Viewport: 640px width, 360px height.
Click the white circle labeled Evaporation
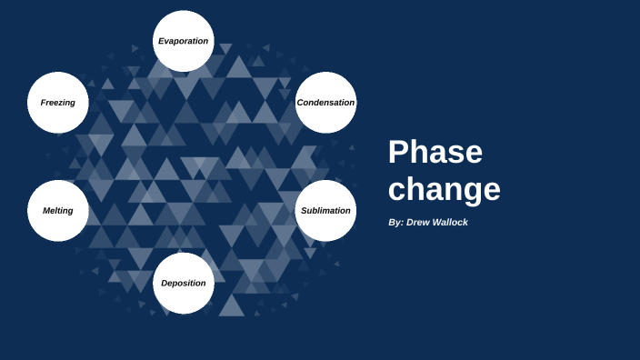click(x=184, y=41)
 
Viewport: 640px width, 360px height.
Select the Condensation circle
click(x=325, y=102)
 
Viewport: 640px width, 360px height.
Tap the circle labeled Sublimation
click(x=325, y=210)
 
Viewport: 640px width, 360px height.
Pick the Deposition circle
click(x=184, y=283)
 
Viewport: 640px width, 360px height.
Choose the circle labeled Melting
click(x=58, y=210)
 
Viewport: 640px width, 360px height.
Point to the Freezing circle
click(x=58, y=102)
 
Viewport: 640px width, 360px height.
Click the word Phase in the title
click(x=435, y=152)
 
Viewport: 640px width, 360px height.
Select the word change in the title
click(x=444, y=189)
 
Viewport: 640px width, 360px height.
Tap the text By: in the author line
click(x=395, y=223)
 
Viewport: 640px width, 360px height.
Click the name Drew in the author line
click(x=419, y=223)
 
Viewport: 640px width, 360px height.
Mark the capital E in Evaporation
click(x=161, y=41)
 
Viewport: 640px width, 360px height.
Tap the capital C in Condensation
click(x=300, y=103)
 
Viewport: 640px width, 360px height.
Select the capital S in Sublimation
click(x=304, y=211)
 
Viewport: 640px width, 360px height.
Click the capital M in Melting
click(x=46, y=211)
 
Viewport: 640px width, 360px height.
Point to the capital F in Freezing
click(x=43, y=103)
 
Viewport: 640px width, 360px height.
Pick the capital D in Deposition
click(x=165, y=283)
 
